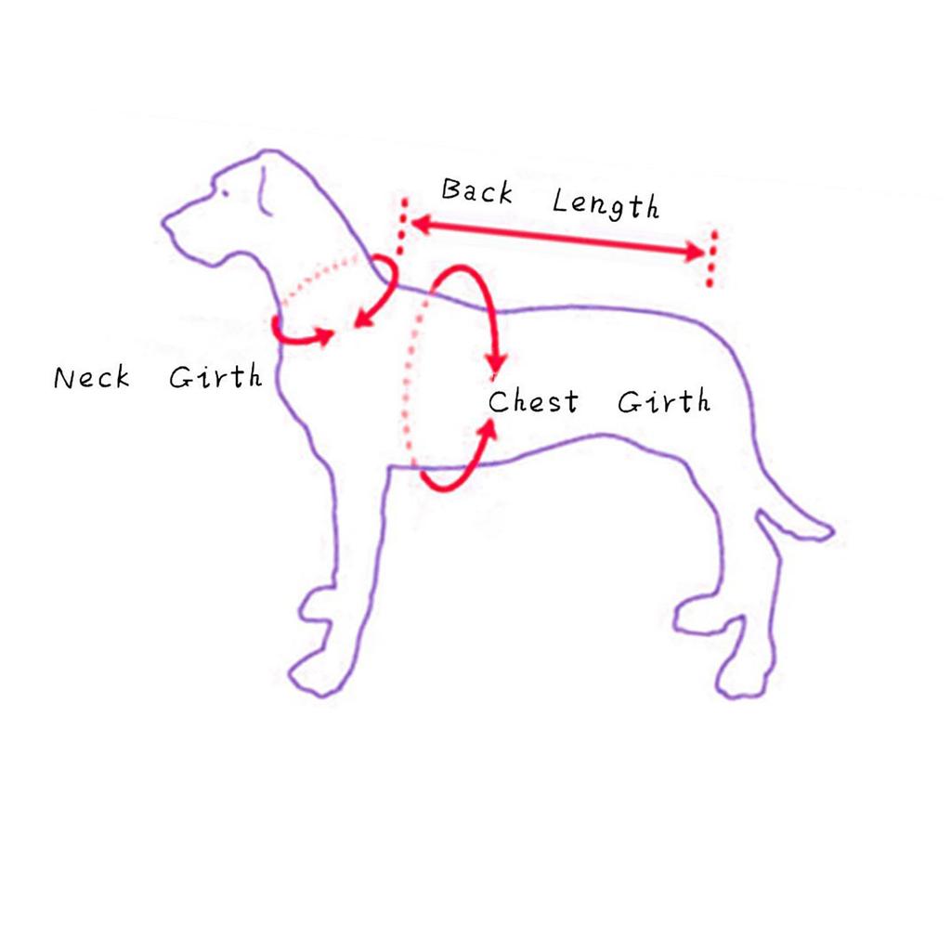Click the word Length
coord(606,203)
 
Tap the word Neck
coord(92,377)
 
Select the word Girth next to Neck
coord(215,376)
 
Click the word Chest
coord(533,401)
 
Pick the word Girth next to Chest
coord(663,401)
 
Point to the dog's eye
coord(225,193)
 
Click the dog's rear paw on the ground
coord(741,684)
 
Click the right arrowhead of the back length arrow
coord(695,251)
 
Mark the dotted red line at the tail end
coord(711,258)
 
